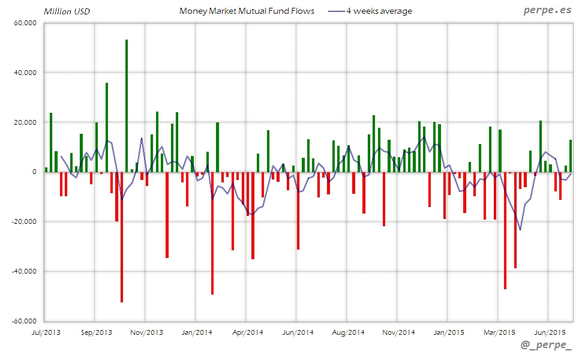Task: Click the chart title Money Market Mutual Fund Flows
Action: tap(247, 11)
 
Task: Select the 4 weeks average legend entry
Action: tap(379, 11)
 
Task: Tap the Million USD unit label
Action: tap(67, 11)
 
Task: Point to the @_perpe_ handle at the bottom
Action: tap(546, 346)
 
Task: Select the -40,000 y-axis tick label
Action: tap(23, 271)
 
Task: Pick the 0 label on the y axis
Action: tap(34, 172)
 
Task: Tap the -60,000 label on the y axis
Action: tap(23, 321)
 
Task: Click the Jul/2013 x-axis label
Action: tap(45, 332)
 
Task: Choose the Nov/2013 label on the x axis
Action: tap(146, 332)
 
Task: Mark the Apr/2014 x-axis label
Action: tap(247, 332)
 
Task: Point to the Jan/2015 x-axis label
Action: tap(448, 332)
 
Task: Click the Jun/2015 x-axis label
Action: tap(549, 332)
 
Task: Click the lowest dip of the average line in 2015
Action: tap(520, 229)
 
